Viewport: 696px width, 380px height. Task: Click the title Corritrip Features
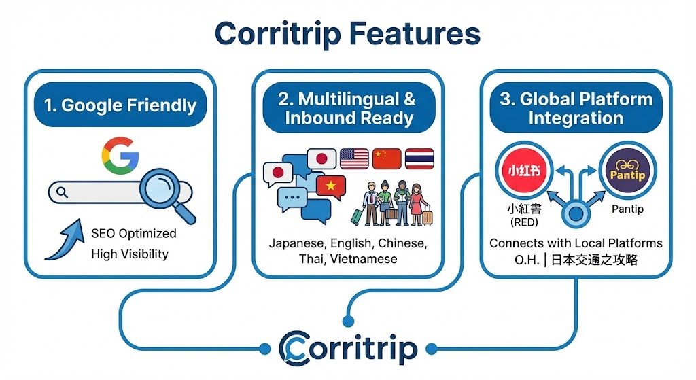(347, 32)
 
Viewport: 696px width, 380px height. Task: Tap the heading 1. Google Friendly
(120, 105)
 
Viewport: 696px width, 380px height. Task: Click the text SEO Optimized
(133, 233)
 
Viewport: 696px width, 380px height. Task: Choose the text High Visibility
(129, 254)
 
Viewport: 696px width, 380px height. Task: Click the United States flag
(354, 158)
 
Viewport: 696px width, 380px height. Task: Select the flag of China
(387, 158)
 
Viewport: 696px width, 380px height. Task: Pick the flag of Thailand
(419, 158)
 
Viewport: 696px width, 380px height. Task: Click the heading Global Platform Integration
(575, 107)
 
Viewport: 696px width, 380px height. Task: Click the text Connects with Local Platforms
(576, 243)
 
